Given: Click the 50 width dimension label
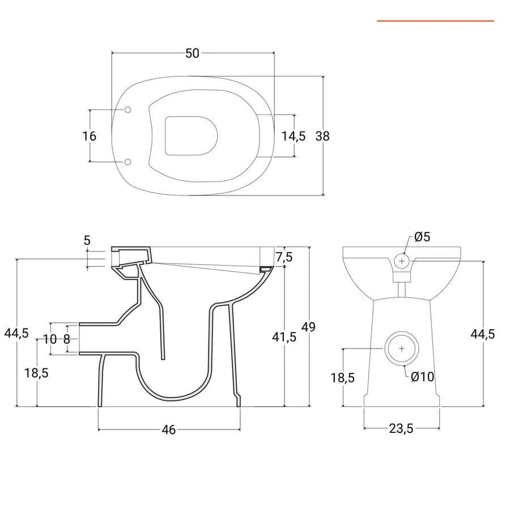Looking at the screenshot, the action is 192,53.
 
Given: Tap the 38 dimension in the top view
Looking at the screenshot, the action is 322,136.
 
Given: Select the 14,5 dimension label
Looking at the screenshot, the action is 294,136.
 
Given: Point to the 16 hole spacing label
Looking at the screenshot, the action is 89,136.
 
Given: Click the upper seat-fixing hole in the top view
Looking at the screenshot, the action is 128,109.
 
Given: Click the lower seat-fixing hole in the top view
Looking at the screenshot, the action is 128,161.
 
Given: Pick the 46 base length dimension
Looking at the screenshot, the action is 169,430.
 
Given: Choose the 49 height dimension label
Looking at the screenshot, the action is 308,326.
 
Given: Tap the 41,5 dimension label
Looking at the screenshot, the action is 284,337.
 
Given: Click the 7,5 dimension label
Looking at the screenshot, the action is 284,257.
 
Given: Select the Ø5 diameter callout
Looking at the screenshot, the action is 422,237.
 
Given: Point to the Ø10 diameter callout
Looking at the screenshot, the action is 422,377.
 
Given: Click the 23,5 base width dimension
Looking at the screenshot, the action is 401,428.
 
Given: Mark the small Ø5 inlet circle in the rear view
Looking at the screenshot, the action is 402,261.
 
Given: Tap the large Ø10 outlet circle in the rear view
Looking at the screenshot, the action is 402,348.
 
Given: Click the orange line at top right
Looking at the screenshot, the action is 436,21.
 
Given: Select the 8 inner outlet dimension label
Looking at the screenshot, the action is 67,339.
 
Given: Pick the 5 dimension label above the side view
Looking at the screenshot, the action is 87,240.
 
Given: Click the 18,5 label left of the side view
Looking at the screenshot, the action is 36,373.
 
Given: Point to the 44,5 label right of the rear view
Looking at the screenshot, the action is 483,334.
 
